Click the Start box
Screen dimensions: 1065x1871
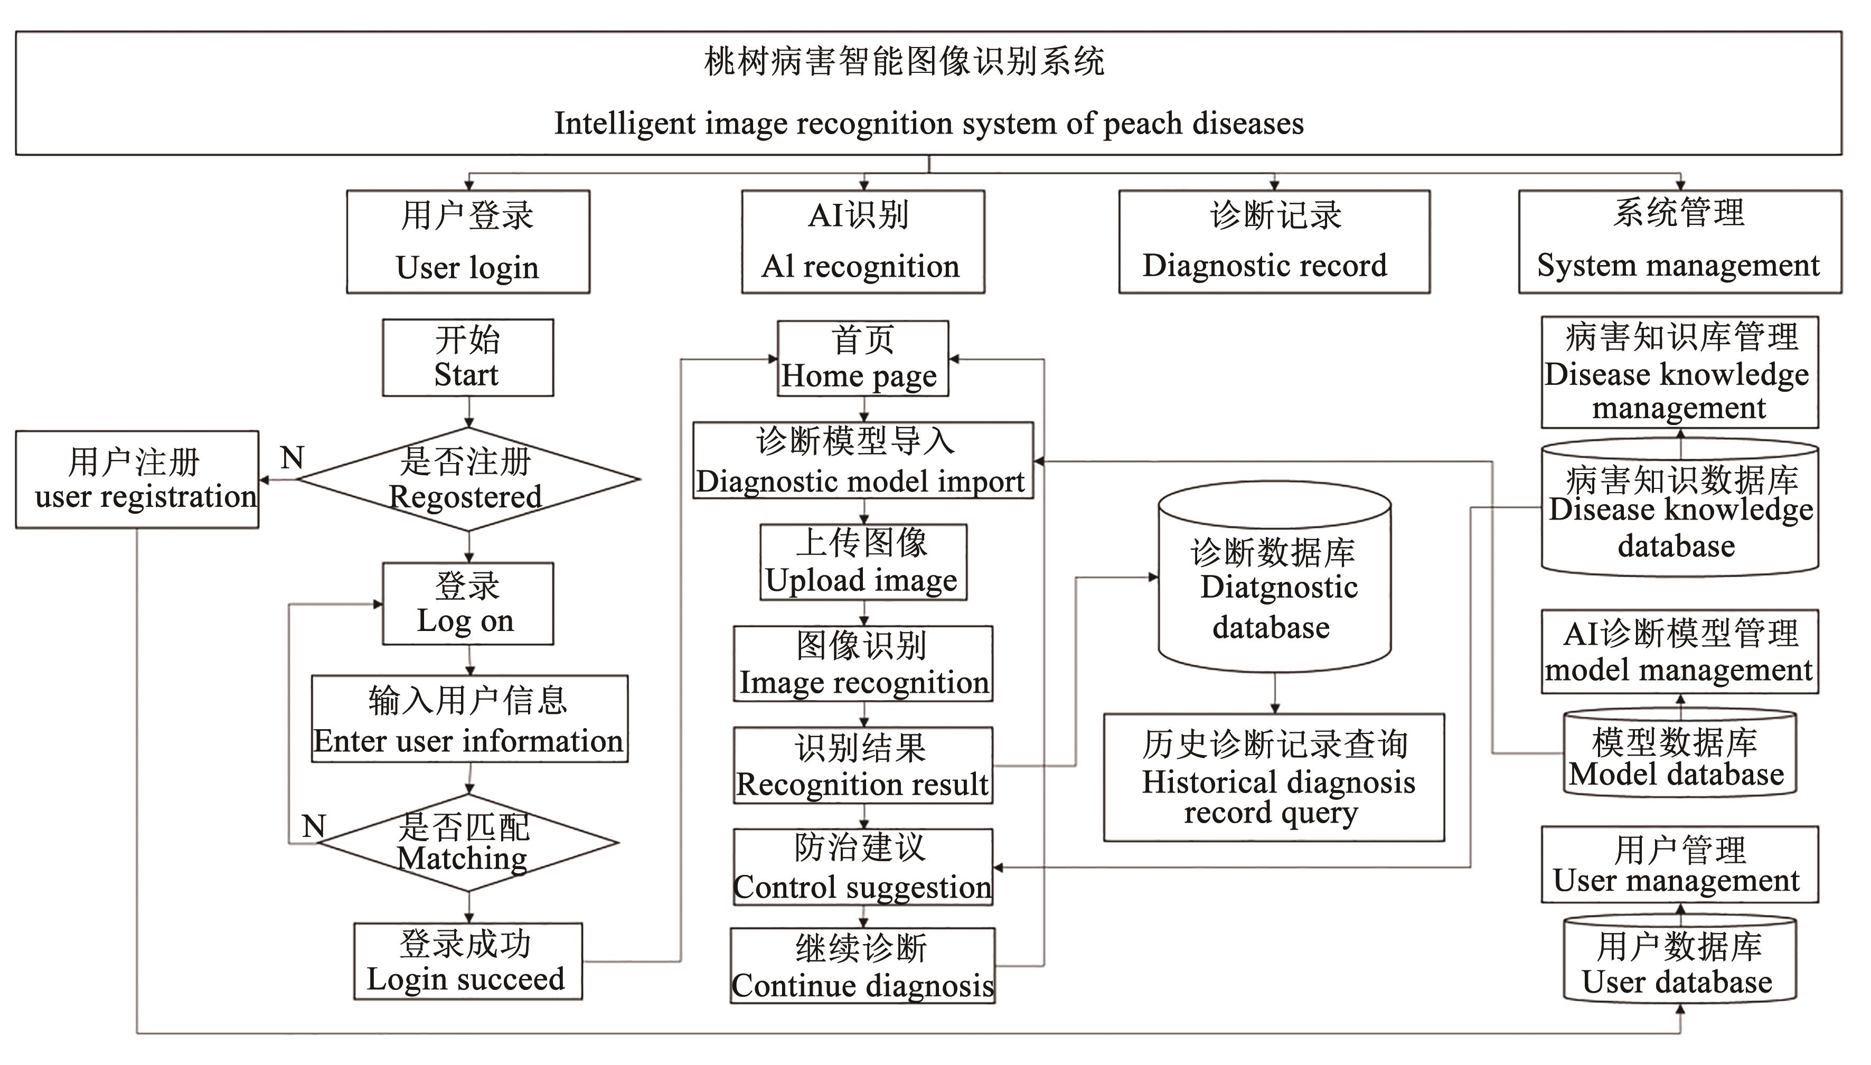pyautogui.click(x=467, y=357)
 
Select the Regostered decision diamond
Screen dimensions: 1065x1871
pyautogui.click(x=468, y=480)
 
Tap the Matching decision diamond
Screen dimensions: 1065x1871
pyautogui.click(x=468, y=843)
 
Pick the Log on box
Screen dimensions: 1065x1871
pyautogui.click(x=467, y=604)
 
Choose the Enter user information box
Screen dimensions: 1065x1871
pyautogui.click(x=469, y=719)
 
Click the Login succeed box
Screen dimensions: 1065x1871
pyautogui.click(x=467, y=961)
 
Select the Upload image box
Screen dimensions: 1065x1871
pyautogui.click(x=863, y=562)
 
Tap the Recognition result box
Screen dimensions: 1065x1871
pyautogui.click(x=863, y=766)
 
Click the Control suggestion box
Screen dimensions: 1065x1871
pyautogui.click(x=863, y=868)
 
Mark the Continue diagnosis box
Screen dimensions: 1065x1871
pyautogui.click(x=862, y=966)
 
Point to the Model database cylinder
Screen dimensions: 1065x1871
pyautogui.click(x=1679, y=753)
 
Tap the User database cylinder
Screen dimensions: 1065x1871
pyautogui.click(x=1679, y=960)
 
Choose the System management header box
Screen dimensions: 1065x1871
pyautogui.click(x=1679, y=242)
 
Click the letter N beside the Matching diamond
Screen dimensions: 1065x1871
pyautogui.click(x=314, y=826)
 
